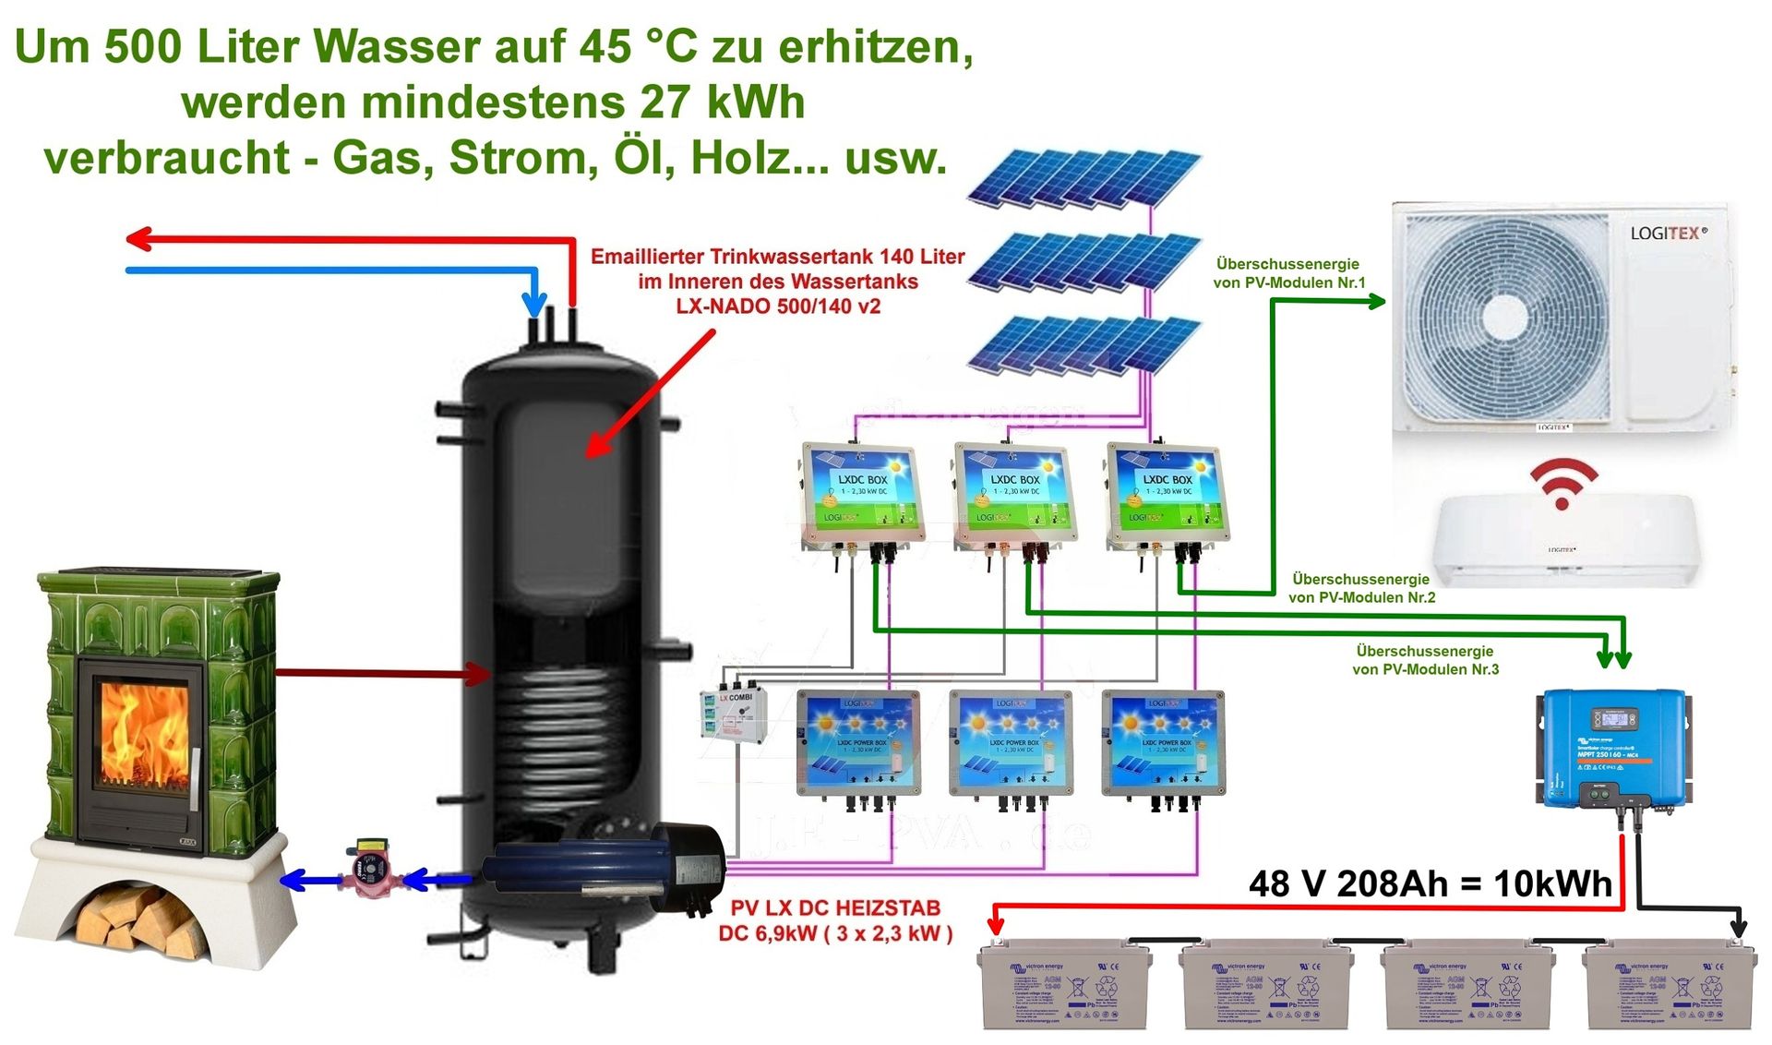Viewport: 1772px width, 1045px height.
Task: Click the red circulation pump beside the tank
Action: (373, 869)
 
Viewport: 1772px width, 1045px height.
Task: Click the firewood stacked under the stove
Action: (138, 919)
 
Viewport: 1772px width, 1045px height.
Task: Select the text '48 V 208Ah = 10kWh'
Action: (1430, 884)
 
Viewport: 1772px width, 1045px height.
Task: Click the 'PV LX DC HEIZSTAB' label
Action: (835, 908)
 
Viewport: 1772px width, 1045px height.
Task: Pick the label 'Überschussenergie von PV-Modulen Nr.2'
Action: (1361, 588)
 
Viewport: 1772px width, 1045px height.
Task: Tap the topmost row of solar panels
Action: (1084, 177)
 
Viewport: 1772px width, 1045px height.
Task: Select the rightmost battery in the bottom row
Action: (1669, 986)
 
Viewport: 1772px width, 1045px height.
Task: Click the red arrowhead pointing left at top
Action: (139, 239)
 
